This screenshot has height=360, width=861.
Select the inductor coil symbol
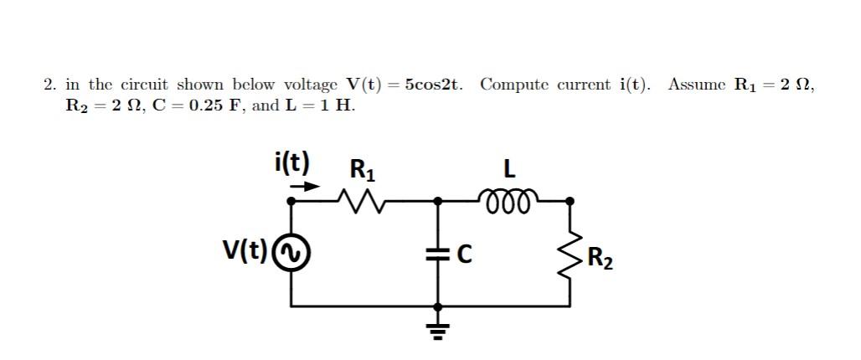507,199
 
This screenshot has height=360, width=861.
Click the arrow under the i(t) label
304,187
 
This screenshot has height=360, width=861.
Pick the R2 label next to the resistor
600,258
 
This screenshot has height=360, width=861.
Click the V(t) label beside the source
245,250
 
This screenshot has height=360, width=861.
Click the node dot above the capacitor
436,201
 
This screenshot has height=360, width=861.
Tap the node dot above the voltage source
291,201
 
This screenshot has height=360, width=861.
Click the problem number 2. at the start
50,85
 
